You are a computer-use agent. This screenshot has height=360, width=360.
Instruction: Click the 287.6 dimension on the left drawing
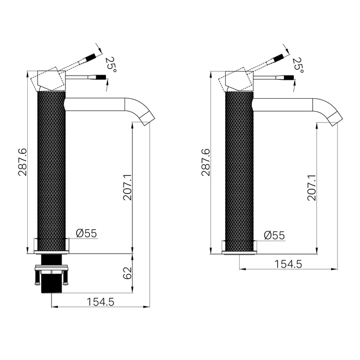[23, 163]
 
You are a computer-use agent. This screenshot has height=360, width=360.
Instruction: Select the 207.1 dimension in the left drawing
[128, 187]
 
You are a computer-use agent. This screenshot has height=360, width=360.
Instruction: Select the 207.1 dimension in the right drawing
[311, 187]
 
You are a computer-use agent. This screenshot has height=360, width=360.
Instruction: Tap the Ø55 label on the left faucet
[86, 233]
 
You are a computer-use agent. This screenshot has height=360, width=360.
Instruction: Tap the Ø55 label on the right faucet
[274, 235]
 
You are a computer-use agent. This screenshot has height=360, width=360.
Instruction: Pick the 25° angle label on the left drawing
[110, 64]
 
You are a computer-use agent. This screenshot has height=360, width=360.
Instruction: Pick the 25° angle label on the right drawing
[297, 64]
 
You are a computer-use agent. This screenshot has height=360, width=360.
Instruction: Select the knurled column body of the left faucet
[51, 170]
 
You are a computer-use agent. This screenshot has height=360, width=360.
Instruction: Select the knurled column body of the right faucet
[239, 170]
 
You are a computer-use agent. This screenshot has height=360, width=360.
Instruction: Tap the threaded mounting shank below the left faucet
[51, 283]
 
